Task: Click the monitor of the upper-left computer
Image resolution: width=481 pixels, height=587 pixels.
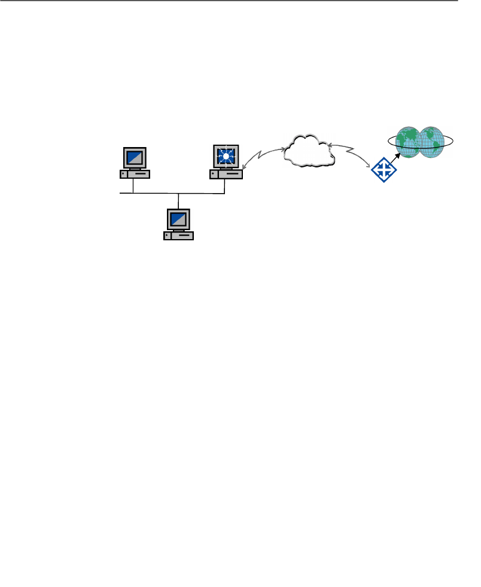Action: click(135, 157)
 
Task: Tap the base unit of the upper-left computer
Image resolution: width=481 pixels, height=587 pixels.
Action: click(135, 174)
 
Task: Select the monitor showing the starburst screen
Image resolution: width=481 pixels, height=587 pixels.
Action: click(226, 157)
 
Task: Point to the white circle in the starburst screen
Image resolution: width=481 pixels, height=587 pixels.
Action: click(226, 156)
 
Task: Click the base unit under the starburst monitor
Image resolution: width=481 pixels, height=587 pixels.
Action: click(226, 174)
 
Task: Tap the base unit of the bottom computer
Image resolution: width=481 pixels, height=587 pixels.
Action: click(178, 236)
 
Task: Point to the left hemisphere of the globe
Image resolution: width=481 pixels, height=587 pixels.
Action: click(408, 142)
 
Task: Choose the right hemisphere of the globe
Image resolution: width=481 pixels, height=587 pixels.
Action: click(432, 142)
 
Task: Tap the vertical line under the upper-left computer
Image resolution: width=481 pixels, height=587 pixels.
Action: click(133, 186)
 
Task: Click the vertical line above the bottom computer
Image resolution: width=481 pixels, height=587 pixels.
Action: click(179, 201)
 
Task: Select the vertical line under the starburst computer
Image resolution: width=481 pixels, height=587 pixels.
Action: click(224, 186)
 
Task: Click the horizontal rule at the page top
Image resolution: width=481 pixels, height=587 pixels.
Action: click(239, 1)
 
